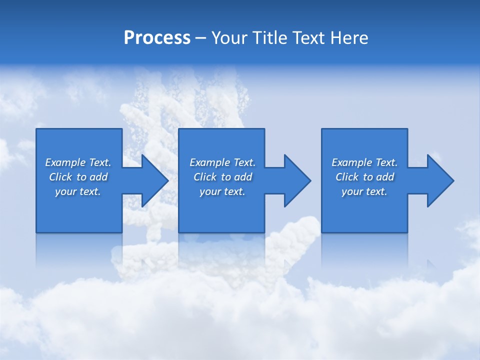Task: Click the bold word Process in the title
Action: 157,38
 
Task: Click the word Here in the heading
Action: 349,38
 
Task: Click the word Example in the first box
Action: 64,162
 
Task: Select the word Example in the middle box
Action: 209,162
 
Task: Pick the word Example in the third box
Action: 351,162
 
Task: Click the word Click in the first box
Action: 60,177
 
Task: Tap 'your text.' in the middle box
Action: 222,191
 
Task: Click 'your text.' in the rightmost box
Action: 364,191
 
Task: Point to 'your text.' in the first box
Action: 77,191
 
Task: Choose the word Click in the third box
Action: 347,177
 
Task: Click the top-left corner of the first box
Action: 36,129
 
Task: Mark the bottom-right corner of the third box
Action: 407,232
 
